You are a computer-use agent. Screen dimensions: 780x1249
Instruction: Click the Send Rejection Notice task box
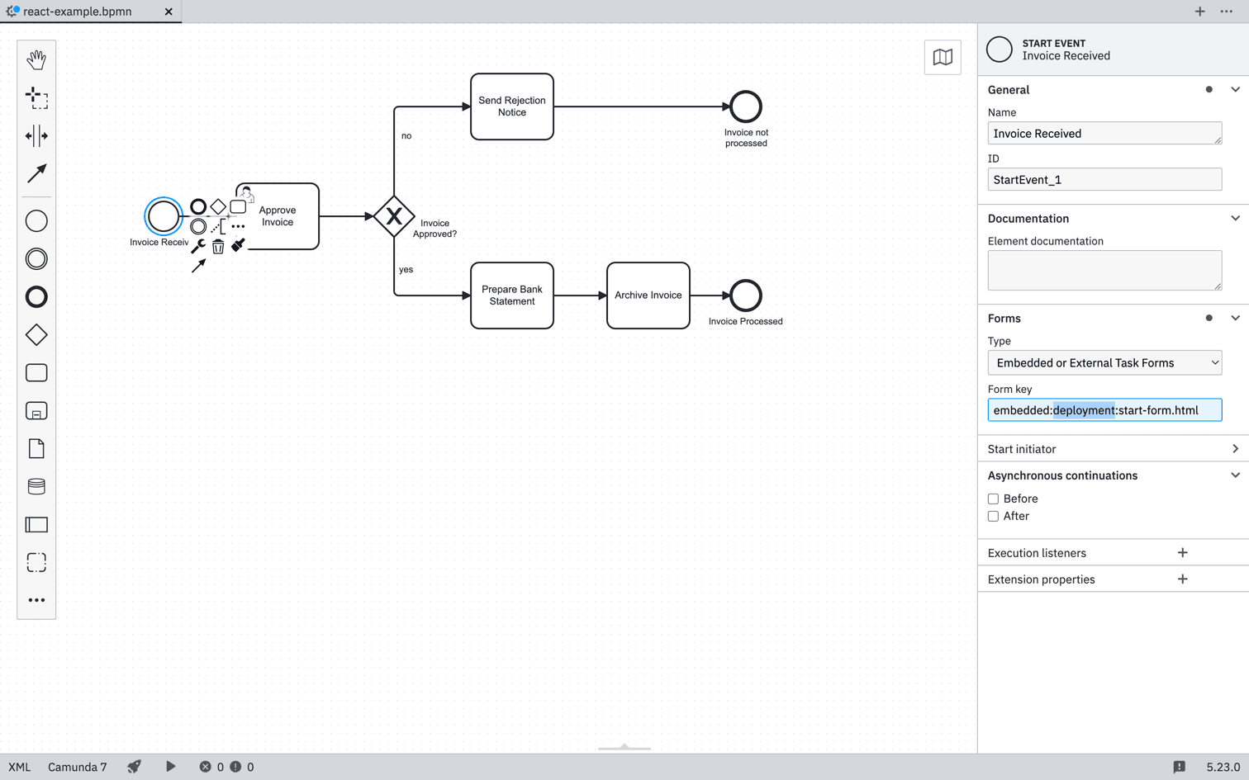pos(512,106)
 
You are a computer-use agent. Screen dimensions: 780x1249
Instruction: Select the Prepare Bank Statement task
pos(512,295)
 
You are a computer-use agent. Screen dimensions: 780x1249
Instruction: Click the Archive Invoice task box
pos(648,295)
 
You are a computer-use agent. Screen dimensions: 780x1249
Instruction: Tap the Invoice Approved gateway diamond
pos(394,216)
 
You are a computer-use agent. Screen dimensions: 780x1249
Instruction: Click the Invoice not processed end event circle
pos(745,106)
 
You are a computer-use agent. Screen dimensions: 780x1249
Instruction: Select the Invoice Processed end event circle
pos(745,295)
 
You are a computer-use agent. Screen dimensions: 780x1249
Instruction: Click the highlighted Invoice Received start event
pos(163,216)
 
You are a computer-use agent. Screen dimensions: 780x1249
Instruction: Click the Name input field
pos(1104,134)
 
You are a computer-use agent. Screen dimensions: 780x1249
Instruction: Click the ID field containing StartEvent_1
pos(1104,180)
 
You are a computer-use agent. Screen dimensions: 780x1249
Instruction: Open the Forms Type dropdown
pos(1104,363)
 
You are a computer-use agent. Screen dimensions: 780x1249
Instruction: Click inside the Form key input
pos(1104,410)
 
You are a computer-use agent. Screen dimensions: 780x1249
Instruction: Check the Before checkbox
pos(993,499)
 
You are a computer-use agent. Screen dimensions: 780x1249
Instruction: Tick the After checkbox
pos(993,517)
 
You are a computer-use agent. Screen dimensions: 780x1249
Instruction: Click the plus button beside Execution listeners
pos(1182,553)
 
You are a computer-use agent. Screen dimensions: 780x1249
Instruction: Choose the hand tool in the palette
pos(36,59)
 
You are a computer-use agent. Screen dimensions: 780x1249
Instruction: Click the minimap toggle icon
pos(943,57)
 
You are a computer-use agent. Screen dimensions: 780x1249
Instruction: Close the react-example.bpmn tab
pos(169,12)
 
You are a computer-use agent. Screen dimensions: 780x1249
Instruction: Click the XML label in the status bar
pos(19,767)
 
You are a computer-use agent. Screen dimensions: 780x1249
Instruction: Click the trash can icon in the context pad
pos(218,247)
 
